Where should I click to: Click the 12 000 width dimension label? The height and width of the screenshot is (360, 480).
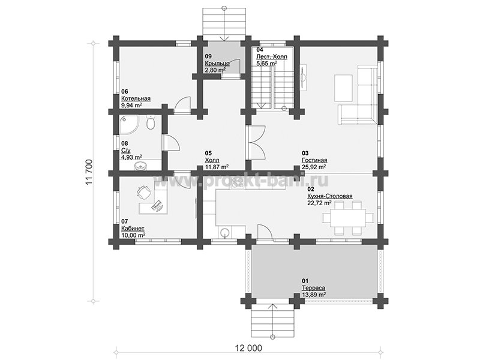click(248, 348)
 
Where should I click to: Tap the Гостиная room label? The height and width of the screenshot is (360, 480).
click(314, 160)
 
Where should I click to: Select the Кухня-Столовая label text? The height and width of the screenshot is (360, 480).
click(330, 196)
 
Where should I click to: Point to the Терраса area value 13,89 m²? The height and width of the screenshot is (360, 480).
click(313, 295)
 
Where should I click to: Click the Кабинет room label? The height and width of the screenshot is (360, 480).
click(133, 229)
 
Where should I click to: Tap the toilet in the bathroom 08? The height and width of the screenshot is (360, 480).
click(151, 122)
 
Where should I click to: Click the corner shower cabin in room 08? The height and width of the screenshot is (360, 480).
click(129, 125)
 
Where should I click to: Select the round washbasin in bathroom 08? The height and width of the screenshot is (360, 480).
click(140, 166)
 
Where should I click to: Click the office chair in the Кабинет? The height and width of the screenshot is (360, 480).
click(143, 192)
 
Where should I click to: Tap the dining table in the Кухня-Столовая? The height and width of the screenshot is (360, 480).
click(347, 218)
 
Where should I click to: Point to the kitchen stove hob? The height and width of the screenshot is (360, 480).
click(237, 182)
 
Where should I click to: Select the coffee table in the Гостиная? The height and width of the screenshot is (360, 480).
click(344, 83)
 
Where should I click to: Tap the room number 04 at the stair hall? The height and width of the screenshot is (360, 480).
click(259, 50)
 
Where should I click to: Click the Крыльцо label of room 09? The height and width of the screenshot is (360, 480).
click(217, 64)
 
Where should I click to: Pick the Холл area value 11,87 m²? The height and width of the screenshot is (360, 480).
click(217, 167)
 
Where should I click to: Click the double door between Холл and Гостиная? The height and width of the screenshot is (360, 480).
click(257, 142)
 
